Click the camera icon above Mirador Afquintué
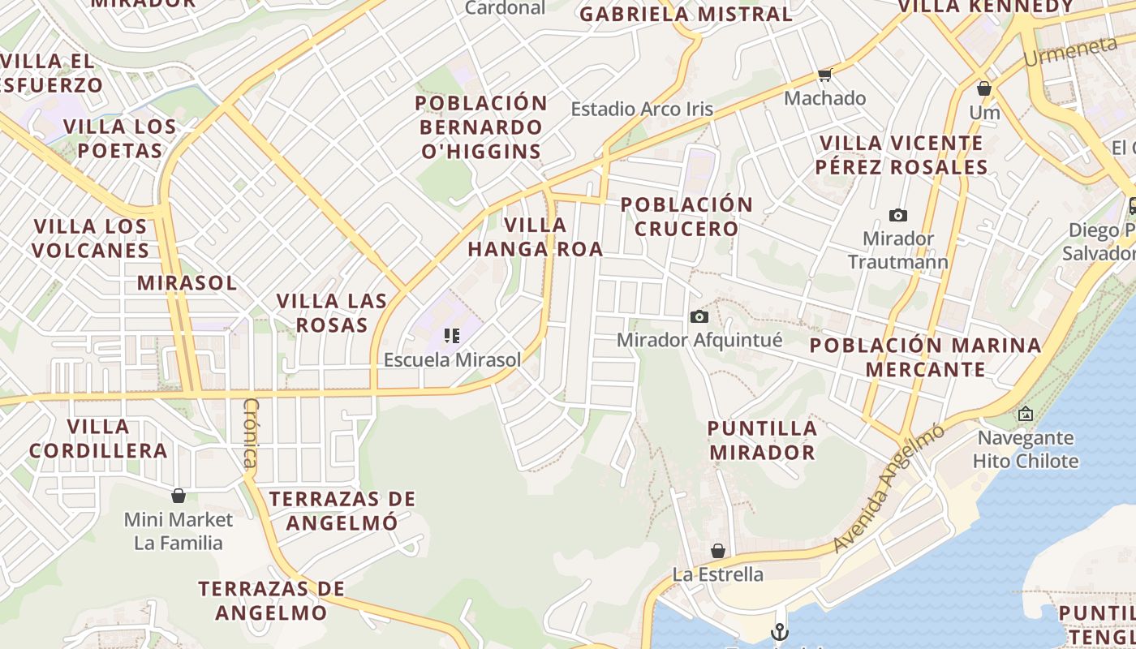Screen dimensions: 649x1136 click(x=699, y=316)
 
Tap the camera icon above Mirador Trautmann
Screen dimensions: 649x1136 click(x=897, y=215)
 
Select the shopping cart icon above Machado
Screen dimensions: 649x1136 click(x=825, y=75)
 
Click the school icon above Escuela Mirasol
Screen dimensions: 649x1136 click(x=452, y=335)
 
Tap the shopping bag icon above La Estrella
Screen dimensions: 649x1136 click(x=717, y=552)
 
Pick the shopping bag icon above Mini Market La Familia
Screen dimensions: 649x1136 click(x=179, y=496)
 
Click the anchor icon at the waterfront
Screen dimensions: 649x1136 click(x=779, y=631)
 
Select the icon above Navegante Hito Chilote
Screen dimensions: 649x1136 click(x=1026, y=415)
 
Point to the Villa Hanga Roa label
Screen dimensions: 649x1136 click(x=536, y=237)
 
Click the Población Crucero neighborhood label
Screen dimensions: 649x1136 click(x=687, y=217)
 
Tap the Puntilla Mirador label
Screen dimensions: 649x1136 click(x=761, y=440)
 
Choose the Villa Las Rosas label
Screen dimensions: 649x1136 click(x=332, y=312)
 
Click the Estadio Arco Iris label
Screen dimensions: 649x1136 click(x=642, y=109)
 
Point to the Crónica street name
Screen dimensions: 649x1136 click(x=251, y=433)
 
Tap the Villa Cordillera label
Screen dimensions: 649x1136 click(x=98, y=438)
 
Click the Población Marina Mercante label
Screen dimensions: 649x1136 click(x=925, y=357)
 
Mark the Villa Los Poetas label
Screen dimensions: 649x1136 click(x=120, y=138)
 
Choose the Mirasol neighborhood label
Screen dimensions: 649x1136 click(x=187, y=282)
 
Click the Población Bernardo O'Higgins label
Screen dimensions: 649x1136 click(x=482, y=127)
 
